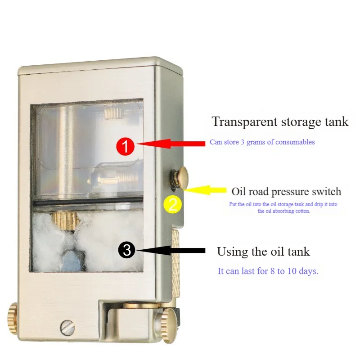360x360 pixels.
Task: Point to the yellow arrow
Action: click(x=207, y=190)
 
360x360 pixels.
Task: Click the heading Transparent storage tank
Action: click(x=280, y=121)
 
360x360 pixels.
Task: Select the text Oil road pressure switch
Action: click(x=286, y=192)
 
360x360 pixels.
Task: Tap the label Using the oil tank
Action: click(x=263, y=251)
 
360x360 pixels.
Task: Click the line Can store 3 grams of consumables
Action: click(x=262, y=142)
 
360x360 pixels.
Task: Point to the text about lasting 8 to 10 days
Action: click(x=268, y=272)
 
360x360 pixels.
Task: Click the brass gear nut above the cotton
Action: click(x=65, y=220)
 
